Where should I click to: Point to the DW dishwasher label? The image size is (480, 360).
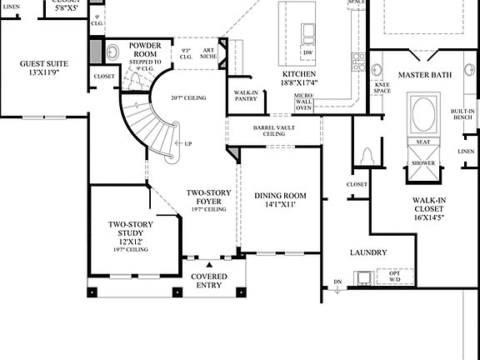(308, 52)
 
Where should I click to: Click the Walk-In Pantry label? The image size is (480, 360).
(245, 96)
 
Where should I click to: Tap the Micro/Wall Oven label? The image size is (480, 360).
(303, 102)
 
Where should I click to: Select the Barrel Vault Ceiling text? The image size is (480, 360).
(274, 131)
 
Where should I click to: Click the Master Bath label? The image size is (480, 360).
(424, 75)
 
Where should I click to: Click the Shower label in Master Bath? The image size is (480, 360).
(423, 163)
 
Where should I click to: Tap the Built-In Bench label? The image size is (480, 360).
(462, 114)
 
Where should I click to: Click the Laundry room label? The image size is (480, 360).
(367, 252)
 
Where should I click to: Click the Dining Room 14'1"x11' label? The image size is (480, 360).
(280, 200)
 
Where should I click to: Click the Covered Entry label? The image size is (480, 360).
(209, 281)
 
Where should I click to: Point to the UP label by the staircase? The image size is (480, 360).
(188, 143)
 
